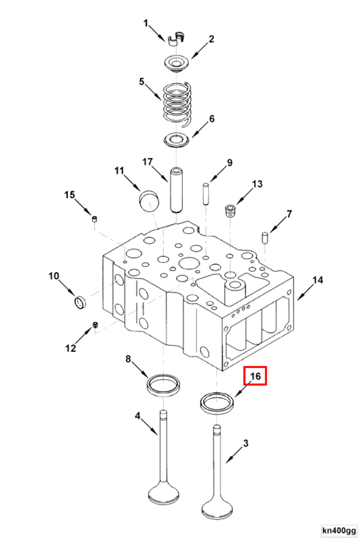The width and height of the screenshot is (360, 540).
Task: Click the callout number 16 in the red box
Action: pyautogui.click(x=255, y=376)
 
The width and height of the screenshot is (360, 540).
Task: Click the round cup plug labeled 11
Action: pyautogui.click(x=148, y=201)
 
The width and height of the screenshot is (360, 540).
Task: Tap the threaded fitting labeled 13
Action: pyautogui.click(x=231, y=210)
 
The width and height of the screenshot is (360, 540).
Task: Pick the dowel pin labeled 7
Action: pyautogui.click(x=265, y=237)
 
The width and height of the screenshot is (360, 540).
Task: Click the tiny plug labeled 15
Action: pyautogui.click(x=94, y=219)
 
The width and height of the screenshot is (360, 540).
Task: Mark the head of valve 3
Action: pyautogui.click(x=216, y=509)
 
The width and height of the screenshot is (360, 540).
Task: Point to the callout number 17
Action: pyautogui.click(x=148, y=162)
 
